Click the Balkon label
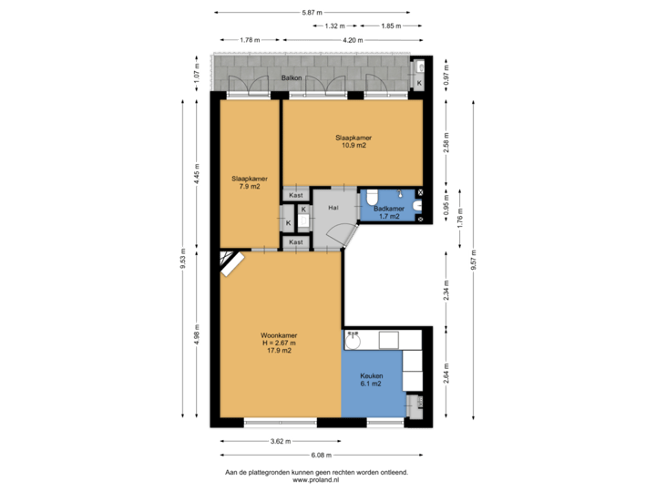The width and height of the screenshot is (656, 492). coord(292,78)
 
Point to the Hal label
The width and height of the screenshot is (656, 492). coord(333,208)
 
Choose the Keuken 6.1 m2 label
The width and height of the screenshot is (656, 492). coord(371,380)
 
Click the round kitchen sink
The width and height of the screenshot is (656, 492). coord(352,343)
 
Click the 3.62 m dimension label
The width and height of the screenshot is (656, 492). coord(280,441)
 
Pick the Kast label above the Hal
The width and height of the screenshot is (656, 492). coord(295,195)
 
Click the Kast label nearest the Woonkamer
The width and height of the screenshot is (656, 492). coord(295,242)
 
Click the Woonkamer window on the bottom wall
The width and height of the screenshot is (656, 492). coord(280,423)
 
